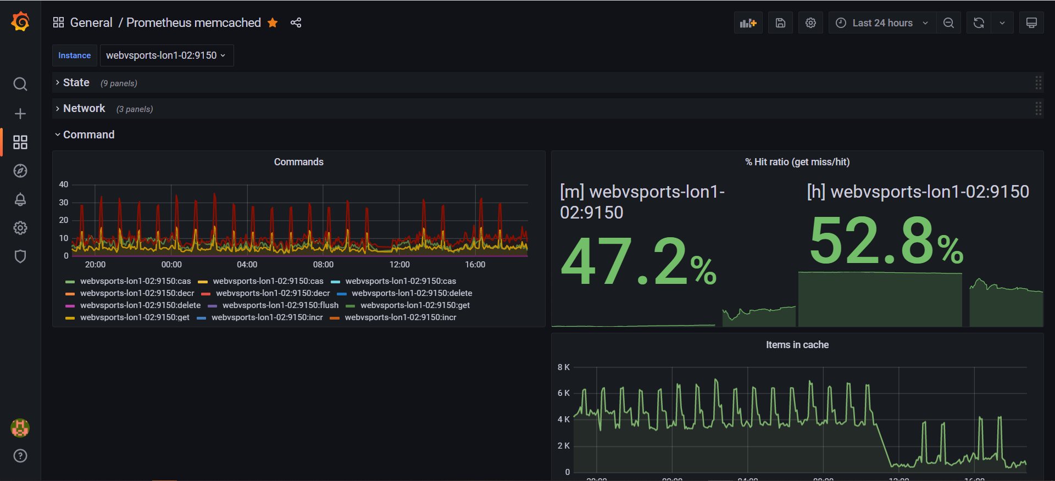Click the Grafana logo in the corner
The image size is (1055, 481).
click(20, 22)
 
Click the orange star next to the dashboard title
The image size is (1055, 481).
click(273, 23)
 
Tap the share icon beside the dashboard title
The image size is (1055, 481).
click(296, 23)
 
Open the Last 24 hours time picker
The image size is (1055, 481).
click(881, 23)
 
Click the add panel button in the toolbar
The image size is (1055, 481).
click(748, 23)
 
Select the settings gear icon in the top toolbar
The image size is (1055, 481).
click(810, 23)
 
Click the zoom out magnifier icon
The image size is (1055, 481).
click(948, 23)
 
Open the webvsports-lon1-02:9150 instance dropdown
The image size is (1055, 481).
click(166, 55)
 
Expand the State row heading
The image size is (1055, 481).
click(76, 83)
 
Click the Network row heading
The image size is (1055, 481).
click(84, 109)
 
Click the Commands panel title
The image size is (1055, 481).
click(298, 162)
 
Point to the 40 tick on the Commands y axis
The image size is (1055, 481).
click(64, 184)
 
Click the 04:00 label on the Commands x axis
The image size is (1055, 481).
click(247, 265)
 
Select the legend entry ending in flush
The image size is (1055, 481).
click(280, 305)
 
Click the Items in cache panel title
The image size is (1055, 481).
click(797, 345)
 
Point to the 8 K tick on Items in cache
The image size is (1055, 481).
click(563, 367)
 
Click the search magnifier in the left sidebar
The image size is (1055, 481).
click(20, 84)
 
